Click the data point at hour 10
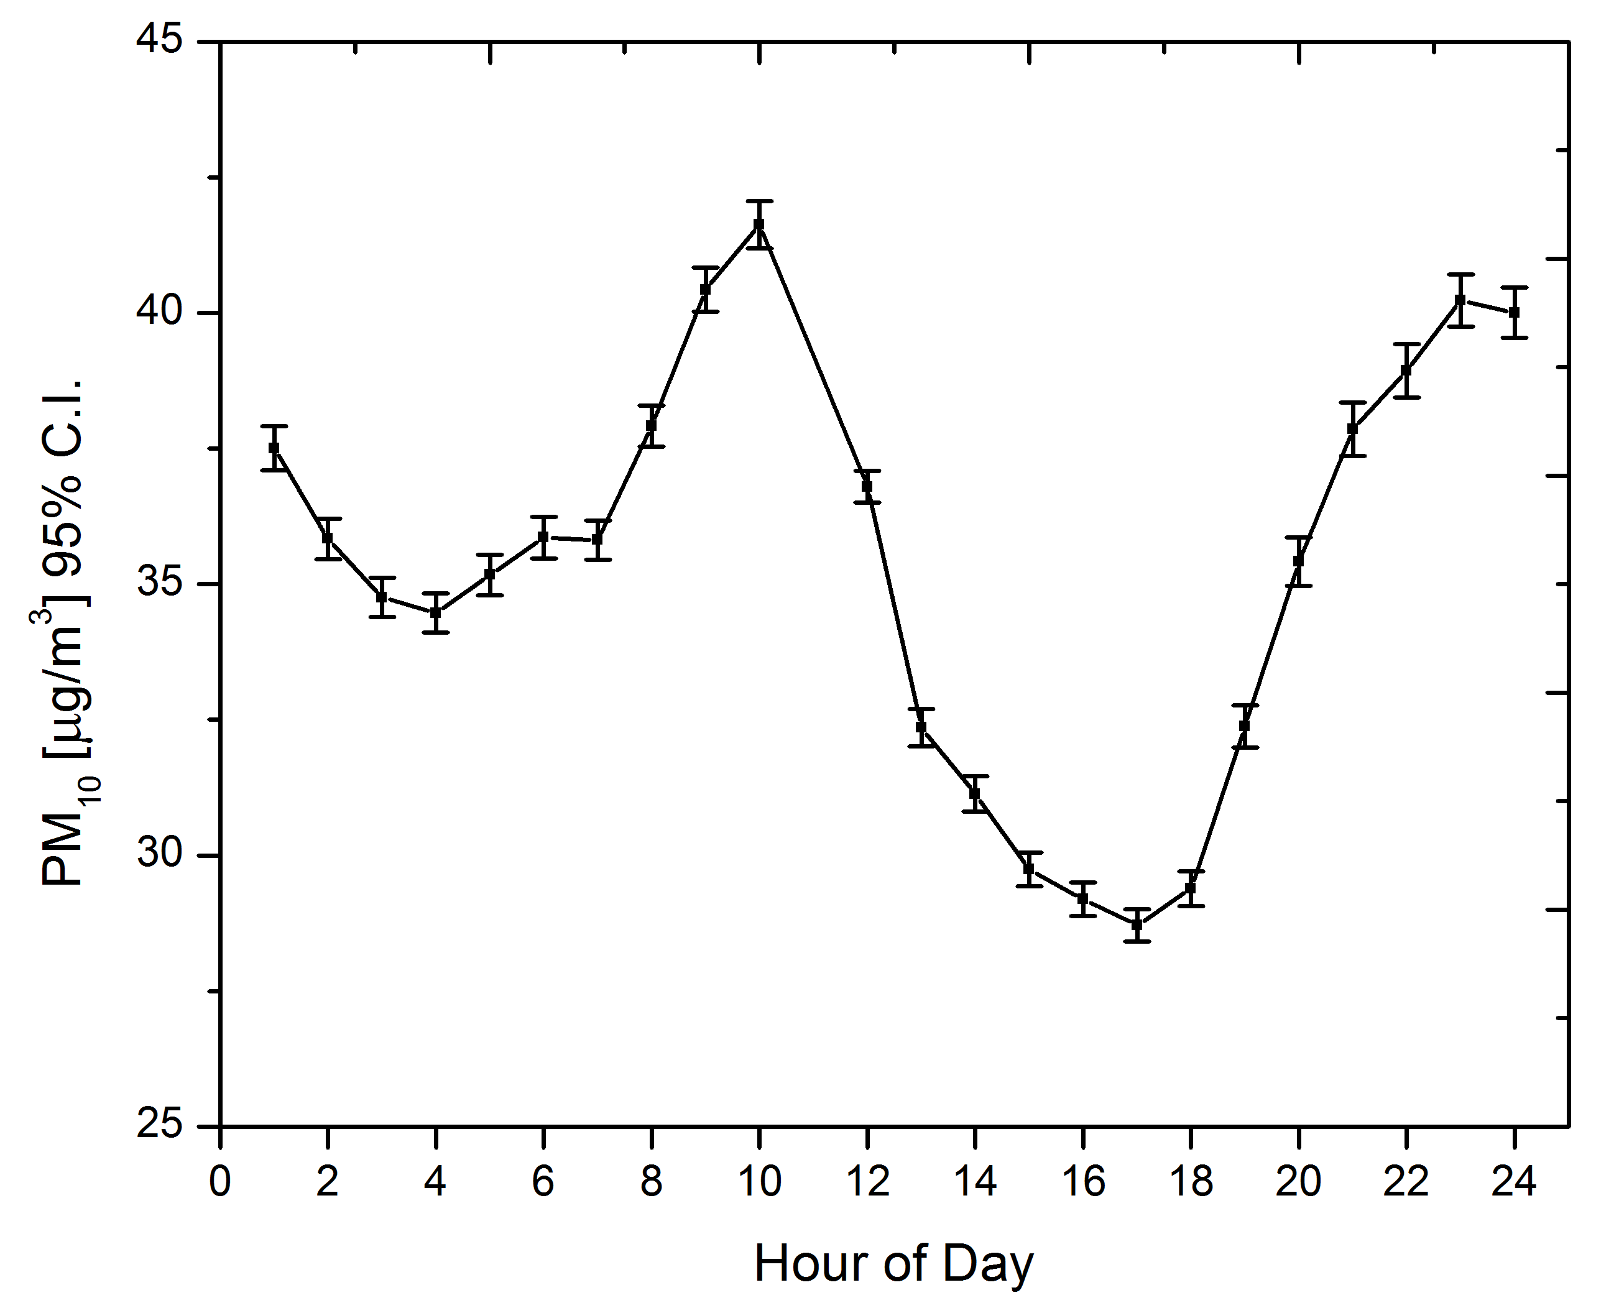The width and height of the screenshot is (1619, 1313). tap(759, 224)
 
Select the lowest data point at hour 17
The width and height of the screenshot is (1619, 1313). tap(1137, 924)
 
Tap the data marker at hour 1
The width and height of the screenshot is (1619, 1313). tap(274, 448)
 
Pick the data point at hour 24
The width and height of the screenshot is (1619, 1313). tap(1514, 312)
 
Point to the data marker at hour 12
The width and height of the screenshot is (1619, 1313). tap(867, 486)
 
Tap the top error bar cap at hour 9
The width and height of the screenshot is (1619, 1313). tap(705, 268)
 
